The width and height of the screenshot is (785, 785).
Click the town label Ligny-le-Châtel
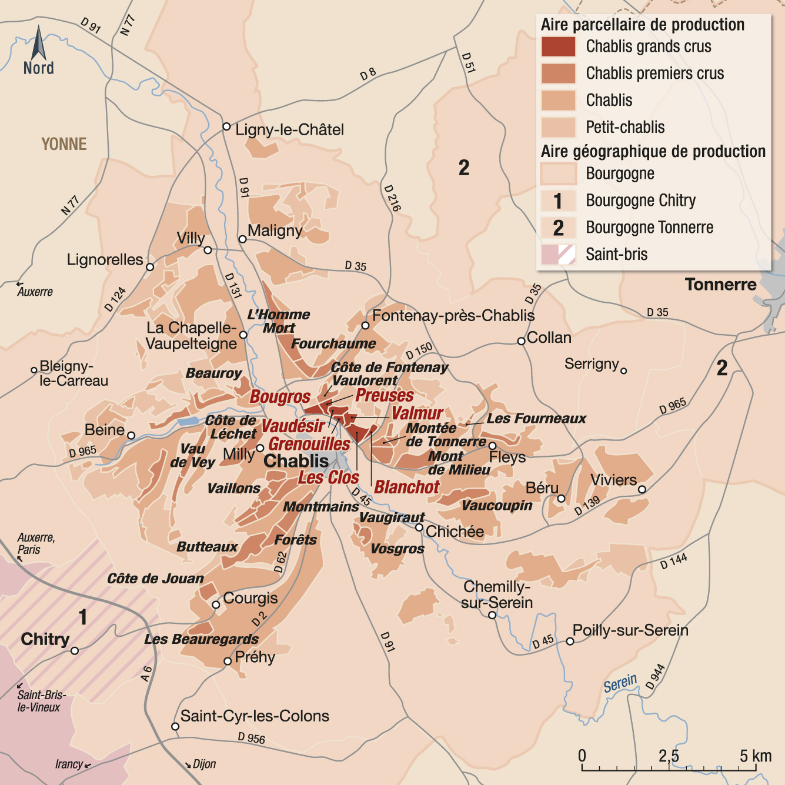tap(289, 130)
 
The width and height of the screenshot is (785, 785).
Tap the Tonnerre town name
tap(720, 285)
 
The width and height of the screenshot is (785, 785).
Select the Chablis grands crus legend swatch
tap(558, 46)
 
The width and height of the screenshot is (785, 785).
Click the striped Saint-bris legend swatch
tap(558, 255)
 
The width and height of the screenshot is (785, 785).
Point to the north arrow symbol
tap(39, 44)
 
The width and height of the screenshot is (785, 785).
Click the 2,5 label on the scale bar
tap(668, 756)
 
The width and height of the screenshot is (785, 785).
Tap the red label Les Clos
tap(328, 477)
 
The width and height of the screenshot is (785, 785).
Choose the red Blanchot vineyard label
tap(407, 487)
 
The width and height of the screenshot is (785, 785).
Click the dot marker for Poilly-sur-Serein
tap(570, 642)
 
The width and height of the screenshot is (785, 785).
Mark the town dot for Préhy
tap(228, 662)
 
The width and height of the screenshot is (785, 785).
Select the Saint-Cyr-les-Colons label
tap(255, 716)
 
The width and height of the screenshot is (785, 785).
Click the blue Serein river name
tap(620, 684)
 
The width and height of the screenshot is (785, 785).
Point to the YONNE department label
tap(64, 144)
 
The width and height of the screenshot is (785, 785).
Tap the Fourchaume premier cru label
tap(333, 343)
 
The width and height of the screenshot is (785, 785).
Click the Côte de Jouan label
tap(155, 579)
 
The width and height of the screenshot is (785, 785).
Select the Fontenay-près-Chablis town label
tap(453, 316)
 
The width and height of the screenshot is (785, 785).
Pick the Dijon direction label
tap(204, 764)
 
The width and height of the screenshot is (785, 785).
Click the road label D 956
tap(251, 737)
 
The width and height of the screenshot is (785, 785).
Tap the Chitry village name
tap(45, 639)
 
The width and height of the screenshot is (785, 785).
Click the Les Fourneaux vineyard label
tap(536, 419)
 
